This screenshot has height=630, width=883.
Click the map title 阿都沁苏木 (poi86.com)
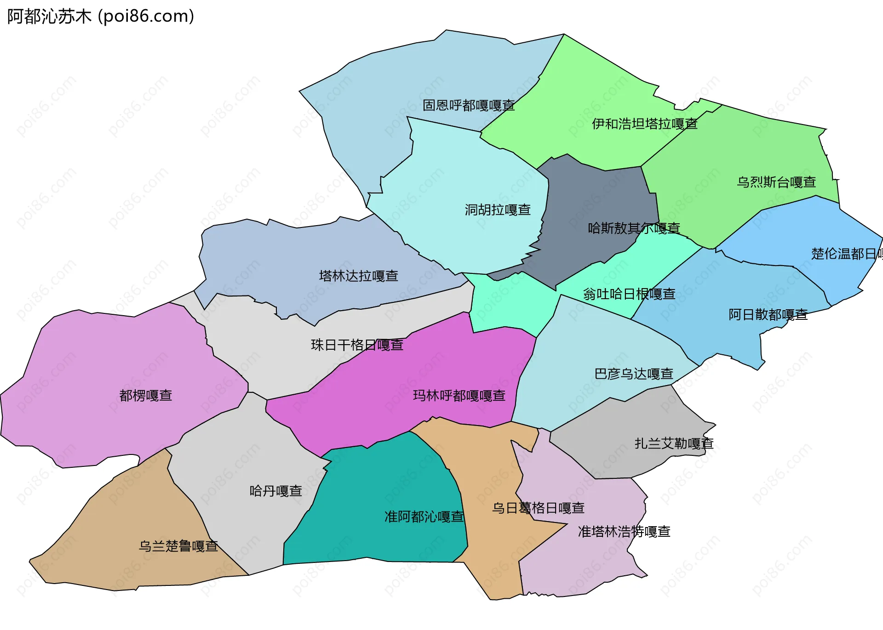pyautogui.click(x=101, y=17)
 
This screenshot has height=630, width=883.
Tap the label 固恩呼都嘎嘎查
pyautogui.click(x=469, y=105)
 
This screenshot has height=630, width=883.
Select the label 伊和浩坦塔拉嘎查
pyautogui.click(x=644, y=124)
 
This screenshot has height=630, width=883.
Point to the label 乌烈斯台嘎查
pyautogui.click(x=776, y=182)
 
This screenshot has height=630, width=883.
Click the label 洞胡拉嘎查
pyautogui.click(x=498, y=210)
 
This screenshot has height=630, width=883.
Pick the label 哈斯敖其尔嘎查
pyautogui.click(x=634, y=228)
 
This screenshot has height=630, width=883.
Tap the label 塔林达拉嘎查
pyautogui.click(x=359, y=276)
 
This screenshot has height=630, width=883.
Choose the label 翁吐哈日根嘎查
pyautogui.click(x=629, y=294)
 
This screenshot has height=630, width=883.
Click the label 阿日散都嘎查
pyautogui.click(x=768, y=314)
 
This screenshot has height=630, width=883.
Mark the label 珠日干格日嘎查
pyautogui.click(x=357, y=345)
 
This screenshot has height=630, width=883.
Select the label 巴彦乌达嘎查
pyautogui.click(x=634, y=374)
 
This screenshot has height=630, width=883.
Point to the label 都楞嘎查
pyautogui.click(x=146, y=395)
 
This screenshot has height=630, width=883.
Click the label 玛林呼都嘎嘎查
pyautogui.click(x=459, y=395)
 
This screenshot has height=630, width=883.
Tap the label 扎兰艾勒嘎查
pyautogui.click(x=674, y=443)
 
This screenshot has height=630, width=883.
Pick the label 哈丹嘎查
pyautogui.click(x=276, y=491)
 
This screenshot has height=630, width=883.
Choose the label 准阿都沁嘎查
pyautogui.click(x=424, y=516)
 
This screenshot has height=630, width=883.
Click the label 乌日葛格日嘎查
pyautogui.click(x=538, y=508)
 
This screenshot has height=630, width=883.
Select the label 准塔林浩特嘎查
pyautogui.click(x=624, y=532)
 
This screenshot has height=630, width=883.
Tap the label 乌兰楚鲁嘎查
pyautogui.click(x=178, y=546)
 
